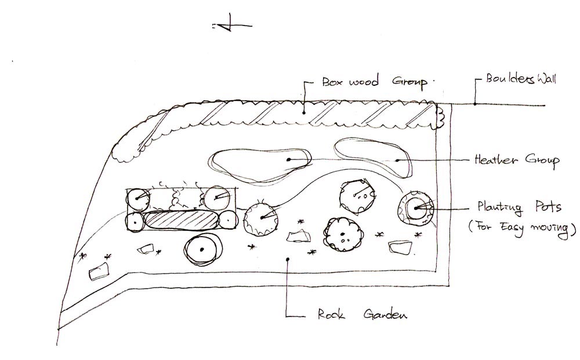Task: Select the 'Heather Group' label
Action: click(516, 159)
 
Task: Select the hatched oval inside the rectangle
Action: click(182, 220)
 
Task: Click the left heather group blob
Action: click(258, 164)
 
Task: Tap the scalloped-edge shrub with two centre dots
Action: click(345, 234)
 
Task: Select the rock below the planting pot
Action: click(401, 248)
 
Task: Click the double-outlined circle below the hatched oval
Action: click(201, 249)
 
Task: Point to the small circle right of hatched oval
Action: click(227, 220)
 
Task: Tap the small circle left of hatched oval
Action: click(135, 221)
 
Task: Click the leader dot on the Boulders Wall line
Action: click(474, 104)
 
